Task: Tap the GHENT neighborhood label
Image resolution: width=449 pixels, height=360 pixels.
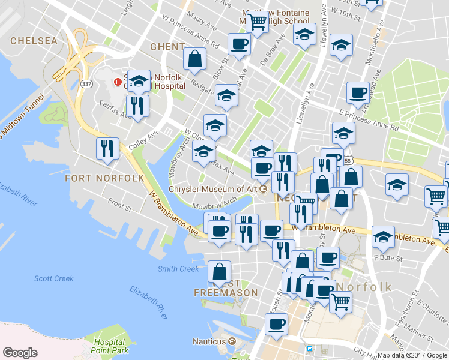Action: click(x=167, y=47)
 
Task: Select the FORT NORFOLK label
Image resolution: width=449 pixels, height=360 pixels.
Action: click(x=104, y=178)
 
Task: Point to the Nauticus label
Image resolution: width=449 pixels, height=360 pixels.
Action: click(x=209, y=341)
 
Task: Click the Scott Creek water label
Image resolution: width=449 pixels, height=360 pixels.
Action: click(x=54, y=278)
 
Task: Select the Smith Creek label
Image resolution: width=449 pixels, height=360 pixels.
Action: click(x=178, y=269)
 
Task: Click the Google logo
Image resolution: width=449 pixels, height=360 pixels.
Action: click(x=20, y=353)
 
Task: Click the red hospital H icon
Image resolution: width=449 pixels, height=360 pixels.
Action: click(x=118, y=81)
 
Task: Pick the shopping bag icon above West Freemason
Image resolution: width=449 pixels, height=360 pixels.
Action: click(x=220, y=272)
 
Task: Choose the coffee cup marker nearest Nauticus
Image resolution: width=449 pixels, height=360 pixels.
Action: click(x=277, y=324)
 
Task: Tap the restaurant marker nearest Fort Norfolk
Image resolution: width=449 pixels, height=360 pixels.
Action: click(x=107, y=148)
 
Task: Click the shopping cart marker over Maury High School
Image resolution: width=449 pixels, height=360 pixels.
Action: click(x=258, y=22)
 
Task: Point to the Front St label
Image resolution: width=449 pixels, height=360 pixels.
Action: click(x=120, y=207)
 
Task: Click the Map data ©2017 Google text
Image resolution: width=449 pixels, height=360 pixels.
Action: click(x=412, y=355)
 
